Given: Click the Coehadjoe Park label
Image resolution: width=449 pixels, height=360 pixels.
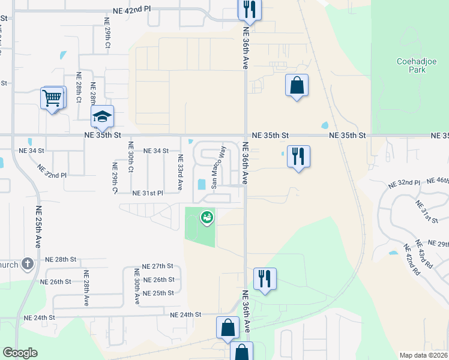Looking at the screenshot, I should point(411,65).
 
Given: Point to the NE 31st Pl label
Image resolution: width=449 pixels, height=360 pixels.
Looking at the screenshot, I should point(148,193).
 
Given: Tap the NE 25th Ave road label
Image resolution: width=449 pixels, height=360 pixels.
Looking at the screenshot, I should point(38,227).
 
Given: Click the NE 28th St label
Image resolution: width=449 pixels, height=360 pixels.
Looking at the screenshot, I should point(61,259).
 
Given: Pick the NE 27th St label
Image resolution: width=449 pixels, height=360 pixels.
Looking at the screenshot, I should point(157,266).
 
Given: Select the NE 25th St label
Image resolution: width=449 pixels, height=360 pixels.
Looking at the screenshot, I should point(158,293).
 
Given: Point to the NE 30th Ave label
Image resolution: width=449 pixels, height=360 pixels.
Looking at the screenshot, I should point(137,286).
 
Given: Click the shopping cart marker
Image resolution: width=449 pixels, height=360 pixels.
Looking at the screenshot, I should point(53,97).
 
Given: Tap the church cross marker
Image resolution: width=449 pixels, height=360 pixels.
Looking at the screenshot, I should point(27,263).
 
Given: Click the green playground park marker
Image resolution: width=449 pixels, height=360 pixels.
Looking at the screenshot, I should point(207,218).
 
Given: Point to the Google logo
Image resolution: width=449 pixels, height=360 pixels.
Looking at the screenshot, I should point(20,353).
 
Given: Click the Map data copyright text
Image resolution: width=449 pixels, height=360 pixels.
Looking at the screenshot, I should point(423,355).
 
